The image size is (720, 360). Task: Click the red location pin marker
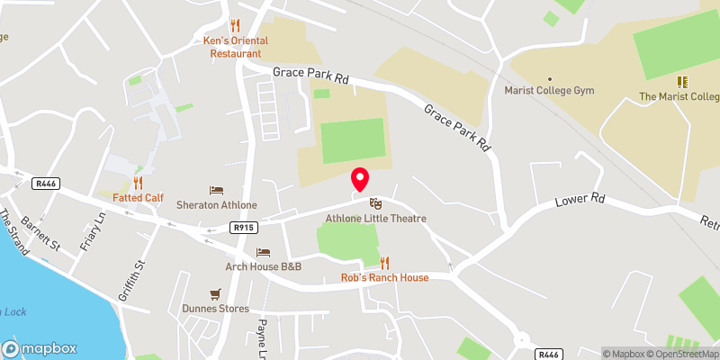pos(359,180)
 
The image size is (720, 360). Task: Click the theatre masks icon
pos(374,204)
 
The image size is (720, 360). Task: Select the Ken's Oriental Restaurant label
pos(236,47)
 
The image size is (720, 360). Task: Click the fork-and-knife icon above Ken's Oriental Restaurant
pos(236,25)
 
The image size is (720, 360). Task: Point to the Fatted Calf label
pos(138,197)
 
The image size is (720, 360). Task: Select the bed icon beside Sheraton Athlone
pos(216,190)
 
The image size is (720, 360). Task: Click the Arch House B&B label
pos(263,267)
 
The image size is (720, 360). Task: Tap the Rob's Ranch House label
pos(384,277)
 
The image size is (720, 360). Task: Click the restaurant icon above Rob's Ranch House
pos(384,262)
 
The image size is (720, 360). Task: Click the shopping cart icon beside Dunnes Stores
pos(214,294)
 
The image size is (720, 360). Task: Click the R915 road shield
pos(240,229)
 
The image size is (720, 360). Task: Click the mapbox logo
pos(40,349)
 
